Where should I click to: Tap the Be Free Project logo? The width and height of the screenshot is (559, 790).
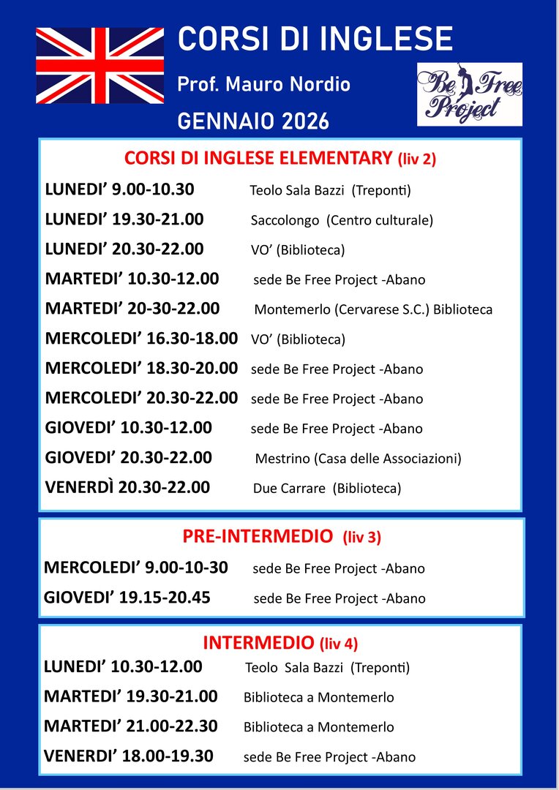(470, 94)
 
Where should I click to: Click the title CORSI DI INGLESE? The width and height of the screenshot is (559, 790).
(315, 39)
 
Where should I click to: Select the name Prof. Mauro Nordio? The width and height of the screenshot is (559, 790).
(263, 84)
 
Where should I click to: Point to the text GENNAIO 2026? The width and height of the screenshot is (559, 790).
(253, 121)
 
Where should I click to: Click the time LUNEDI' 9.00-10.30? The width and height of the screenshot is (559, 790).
(119, 189)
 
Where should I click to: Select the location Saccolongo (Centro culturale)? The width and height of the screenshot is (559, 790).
(342, 220)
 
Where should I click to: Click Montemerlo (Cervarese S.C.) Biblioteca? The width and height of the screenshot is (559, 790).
(373, 309)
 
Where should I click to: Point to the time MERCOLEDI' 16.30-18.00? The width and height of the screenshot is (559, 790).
(141, 339)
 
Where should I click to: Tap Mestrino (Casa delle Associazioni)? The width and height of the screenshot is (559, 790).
(358, 459)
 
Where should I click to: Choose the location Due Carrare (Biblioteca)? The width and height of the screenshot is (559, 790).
(327, 489)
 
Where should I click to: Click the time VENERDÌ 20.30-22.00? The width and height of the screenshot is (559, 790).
(127, 487)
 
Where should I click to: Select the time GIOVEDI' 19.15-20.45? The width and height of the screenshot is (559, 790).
(127, 597)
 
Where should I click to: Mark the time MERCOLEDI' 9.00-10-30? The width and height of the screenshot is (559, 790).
(136, 567)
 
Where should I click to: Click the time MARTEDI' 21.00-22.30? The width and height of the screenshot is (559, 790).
(130, 726)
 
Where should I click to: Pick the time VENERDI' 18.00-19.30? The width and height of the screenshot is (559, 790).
(129, 756)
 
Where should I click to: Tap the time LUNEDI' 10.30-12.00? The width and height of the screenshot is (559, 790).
(123, 666)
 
